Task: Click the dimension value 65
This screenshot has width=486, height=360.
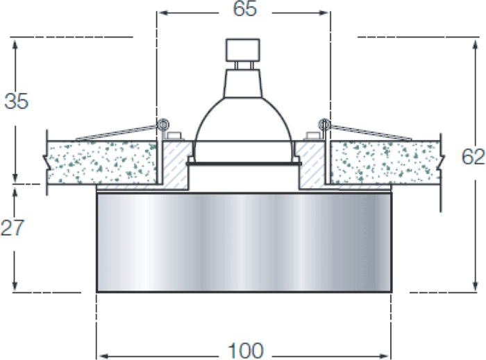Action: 245,8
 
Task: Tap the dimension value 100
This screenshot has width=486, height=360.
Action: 246,350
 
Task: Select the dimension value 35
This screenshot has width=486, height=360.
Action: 17,101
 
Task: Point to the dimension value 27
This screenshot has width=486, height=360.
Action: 12,228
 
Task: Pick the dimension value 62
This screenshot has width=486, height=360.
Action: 474,157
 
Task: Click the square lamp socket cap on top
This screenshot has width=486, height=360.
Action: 243,49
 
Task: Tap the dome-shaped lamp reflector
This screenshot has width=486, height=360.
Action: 243,123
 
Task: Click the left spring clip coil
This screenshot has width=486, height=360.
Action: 162,125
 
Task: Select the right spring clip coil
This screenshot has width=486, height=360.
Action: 324,125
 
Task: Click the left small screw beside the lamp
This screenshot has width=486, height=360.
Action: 174,135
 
